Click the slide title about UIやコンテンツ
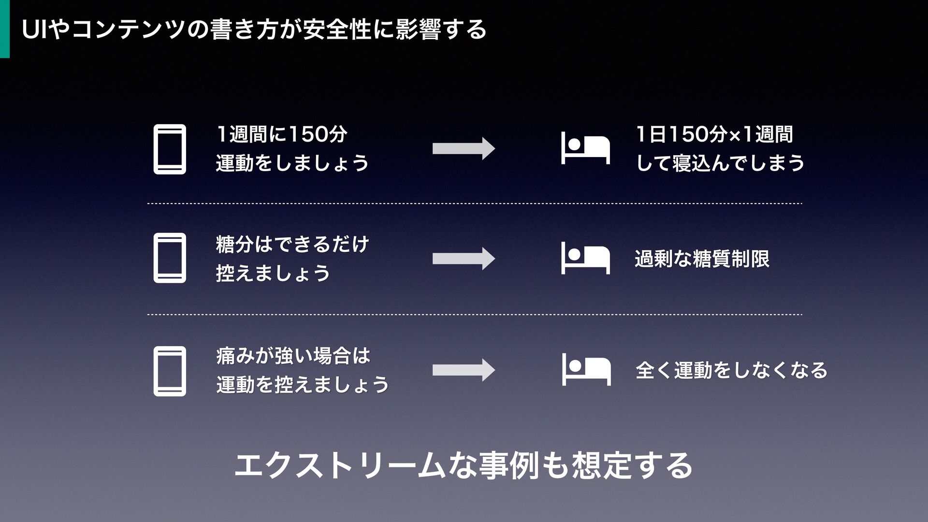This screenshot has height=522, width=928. click(x=254, y=30)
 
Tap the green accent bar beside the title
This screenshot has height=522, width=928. click(x=4, y=29)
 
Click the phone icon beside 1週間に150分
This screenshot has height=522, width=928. click(x=170, y=149)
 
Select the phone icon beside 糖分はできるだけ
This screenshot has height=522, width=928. click(x=170, y=258)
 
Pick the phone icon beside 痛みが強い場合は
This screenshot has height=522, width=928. click(x=170, y=371)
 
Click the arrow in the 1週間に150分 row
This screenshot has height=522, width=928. click(x=464, y=148)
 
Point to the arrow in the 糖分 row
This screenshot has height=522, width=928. click(x=464, y=259)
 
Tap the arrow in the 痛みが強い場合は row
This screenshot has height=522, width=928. click(x=464, y=370)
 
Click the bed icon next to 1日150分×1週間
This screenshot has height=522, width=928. click(x=585, y=149)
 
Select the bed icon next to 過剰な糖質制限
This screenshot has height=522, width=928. click(x=585, y=259)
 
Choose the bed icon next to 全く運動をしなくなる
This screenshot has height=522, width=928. click(x=586, y=370)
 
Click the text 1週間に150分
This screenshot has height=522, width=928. click(x=282, y=134)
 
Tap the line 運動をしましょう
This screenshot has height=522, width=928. click(x=292, y=163)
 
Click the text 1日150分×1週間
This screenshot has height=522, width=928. click(x=714, y=134)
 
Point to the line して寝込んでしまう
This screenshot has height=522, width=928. click(x=720, y=163)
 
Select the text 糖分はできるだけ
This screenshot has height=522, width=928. click(x=292, y=244)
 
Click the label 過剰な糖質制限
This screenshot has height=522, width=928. click(x=702, y=259)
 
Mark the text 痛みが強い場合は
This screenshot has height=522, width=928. click(x=293, y=356)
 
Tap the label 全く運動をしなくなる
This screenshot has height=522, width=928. click(x=731, y=371)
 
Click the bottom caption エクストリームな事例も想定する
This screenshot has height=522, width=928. click(x=463, y=465)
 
